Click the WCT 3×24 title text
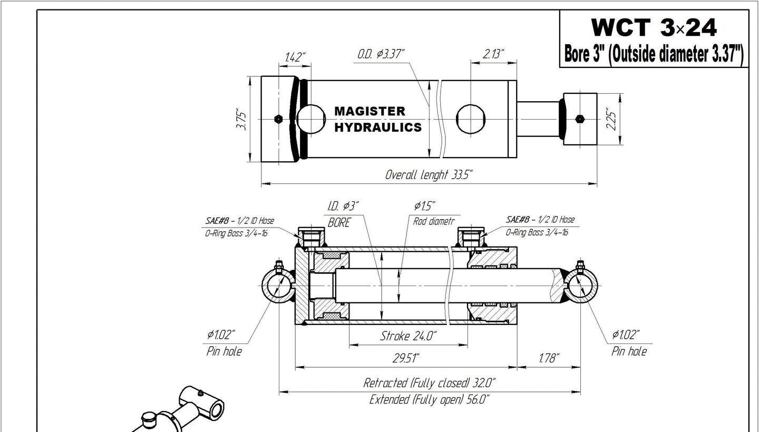(654, 27)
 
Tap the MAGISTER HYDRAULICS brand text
(378, 120)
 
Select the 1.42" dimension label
(295, 57)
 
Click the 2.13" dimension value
(493, 54)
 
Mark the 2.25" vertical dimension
(610, 120)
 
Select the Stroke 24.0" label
(408, 336)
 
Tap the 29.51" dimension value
(406, 359)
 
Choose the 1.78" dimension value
(548, 359)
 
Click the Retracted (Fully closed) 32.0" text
(429, 382)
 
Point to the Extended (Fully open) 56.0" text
(429, 399)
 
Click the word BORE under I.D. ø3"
(339, 223)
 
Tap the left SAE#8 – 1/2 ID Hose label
(239, 221)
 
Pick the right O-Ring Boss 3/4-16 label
(537, 232)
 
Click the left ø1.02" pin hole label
(221, 335)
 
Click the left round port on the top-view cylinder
(311, 119)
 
